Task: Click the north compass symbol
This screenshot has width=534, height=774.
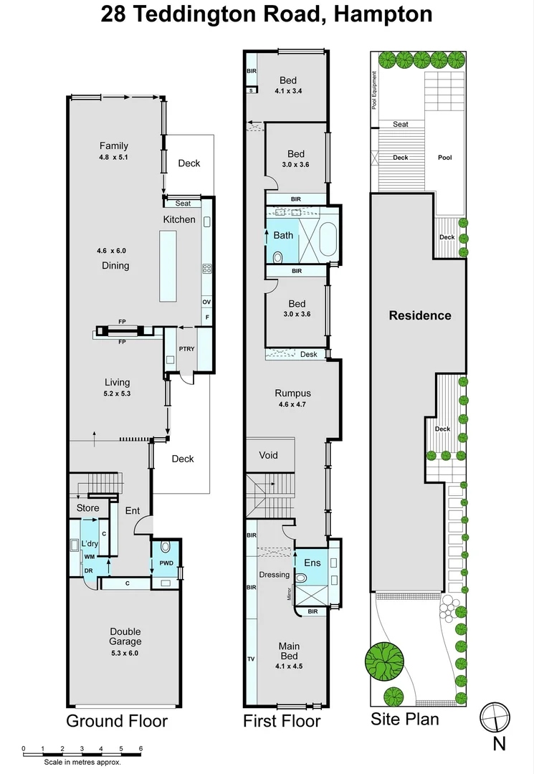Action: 495,717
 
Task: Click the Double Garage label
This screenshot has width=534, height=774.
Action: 125,637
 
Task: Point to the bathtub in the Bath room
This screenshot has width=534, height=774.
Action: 327,240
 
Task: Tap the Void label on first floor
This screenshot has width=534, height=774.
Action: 267,455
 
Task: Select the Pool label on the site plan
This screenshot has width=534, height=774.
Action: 444,158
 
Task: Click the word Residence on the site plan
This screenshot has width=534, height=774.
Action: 419,315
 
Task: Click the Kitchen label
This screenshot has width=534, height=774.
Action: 178,219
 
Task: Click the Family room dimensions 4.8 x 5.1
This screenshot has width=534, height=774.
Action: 114,157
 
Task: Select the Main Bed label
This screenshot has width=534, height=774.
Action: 289,651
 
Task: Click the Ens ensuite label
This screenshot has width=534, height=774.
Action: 313,563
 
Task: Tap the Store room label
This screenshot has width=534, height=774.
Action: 88,509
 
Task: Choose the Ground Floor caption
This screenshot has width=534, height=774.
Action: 117,721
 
